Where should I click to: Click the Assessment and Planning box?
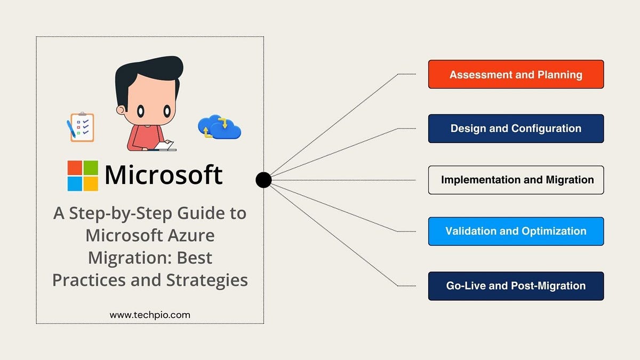click(516, 74)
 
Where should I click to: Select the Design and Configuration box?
click(516, 129)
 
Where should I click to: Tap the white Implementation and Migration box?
click(516, 180)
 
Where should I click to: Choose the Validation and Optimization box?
click(516, 231)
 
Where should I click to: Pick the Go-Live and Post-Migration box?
click(516, 286)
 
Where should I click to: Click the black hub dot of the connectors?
click(263, 180)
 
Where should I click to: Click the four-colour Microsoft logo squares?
click(83, 175)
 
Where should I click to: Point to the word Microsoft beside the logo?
click(163, 175)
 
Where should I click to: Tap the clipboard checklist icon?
click(81, 126)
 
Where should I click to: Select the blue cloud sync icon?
click(219, 126)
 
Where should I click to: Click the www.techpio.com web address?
click(150, 315)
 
